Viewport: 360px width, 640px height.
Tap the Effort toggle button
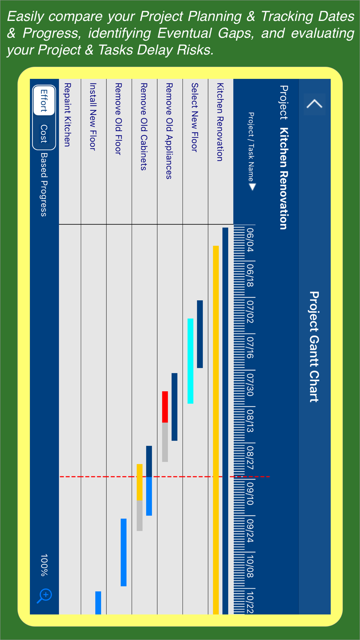44,100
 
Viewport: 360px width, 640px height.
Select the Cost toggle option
44,134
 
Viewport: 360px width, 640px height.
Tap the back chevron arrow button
314,104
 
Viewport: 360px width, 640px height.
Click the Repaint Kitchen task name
67,115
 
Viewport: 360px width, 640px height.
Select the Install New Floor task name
93,117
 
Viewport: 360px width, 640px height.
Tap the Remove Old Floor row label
118,119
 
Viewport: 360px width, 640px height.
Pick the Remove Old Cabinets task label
144,126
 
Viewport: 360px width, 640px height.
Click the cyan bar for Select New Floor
190,361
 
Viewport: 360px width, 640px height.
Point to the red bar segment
165,407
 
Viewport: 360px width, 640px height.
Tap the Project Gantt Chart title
314,346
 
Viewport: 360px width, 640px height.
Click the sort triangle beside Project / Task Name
252,187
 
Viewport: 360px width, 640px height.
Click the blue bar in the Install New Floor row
98,602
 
